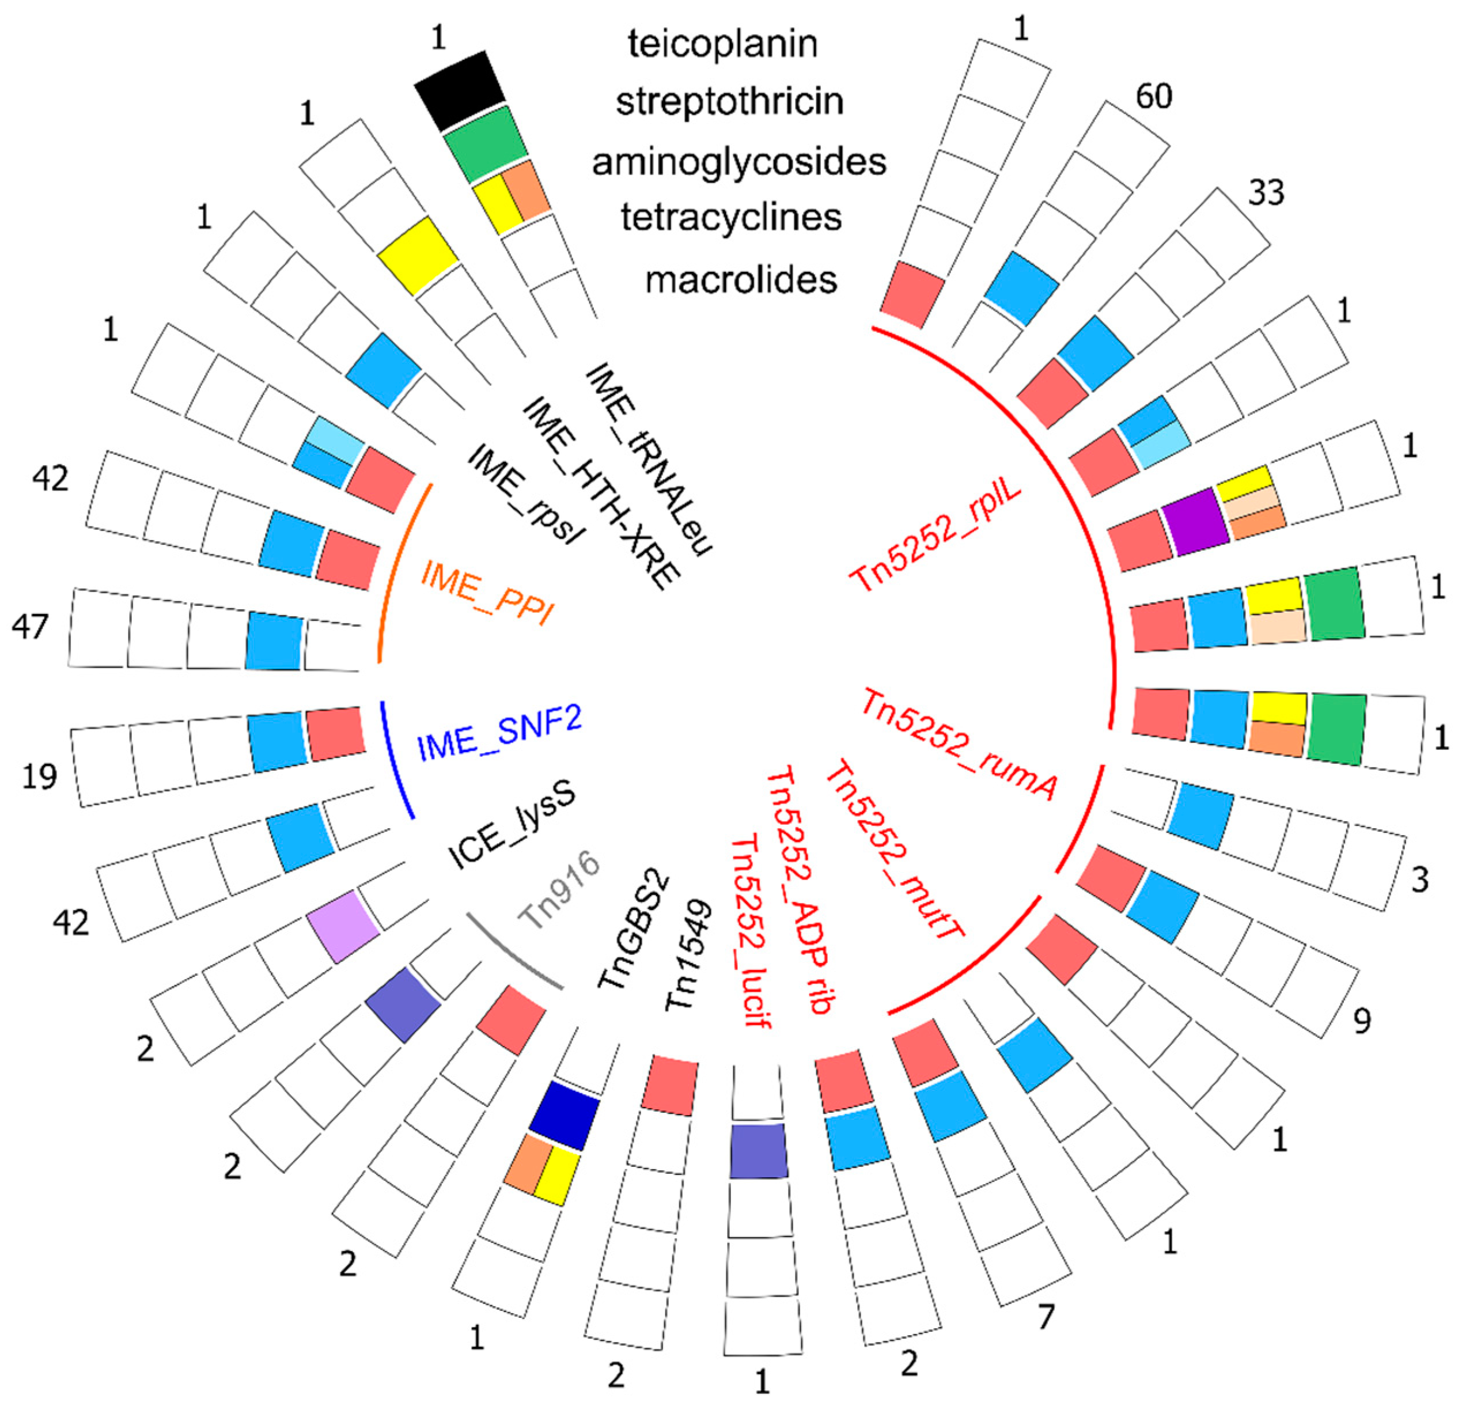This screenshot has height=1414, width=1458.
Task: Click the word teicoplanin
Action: click(722, 44)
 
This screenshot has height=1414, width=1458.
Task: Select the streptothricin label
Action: click(729, 102)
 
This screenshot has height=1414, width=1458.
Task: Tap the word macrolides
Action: click(741, 280)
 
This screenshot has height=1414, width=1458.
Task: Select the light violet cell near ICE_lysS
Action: click(343, 926)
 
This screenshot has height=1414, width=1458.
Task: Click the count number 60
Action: click(1154, 97)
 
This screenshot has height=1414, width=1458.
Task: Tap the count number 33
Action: click(1266, 194)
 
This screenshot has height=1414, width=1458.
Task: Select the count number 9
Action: click(1361, 1021)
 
